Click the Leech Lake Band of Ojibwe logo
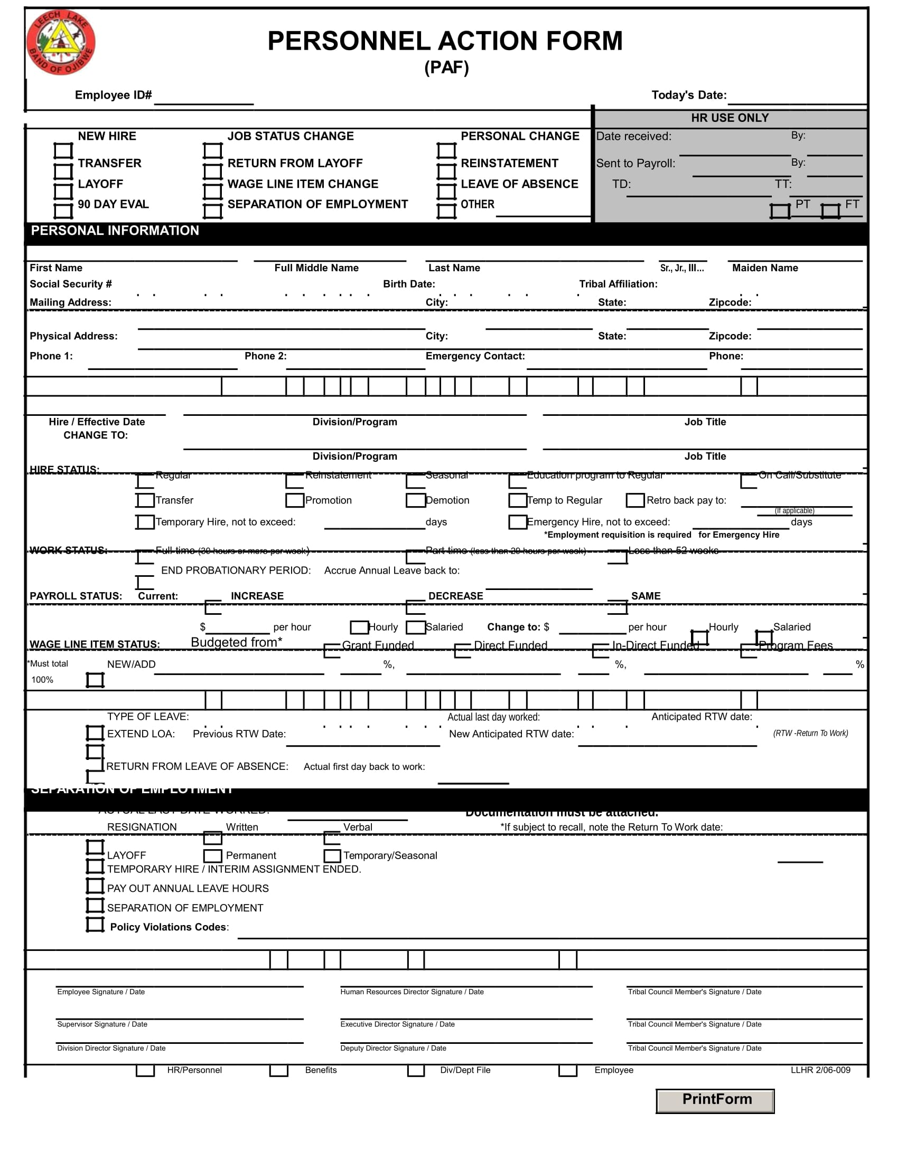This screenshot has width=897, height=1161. pos(61,43)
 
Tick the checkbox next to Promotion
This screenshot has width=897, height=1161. pos(295,500)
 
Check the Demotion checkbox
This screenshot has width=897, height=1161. pos(415,500)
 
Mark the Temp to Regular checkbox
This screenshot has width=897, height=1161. pos(518,500)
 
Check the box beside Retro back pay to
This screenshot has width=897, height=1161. pos(635,500)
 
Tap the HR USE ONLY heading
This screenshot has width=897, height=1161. pos(730,118)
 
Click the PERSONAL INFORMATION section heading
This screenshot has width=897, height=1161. pos(115,231)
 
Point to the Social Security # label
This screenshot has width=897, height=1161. pos(71,284)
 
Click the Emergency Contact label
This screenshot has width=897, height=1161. pos(475,356)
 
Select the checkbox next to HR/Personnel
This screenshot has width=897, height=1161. pos(145,1070)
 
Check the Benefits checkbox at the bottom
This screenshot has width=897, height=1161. pos(279,1070)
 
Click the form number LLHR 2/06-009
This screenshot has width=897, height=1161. pos(820,1070)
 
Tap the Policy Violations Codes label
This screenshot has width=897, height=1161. pos(169,927)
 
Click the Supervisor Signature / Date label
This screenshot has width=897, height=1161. pos(102,1024)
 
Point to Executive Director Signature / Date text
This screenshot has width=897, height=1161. pos(397,1024)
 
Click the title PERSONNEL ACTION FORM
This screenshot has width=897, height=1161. pos(445,41)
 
